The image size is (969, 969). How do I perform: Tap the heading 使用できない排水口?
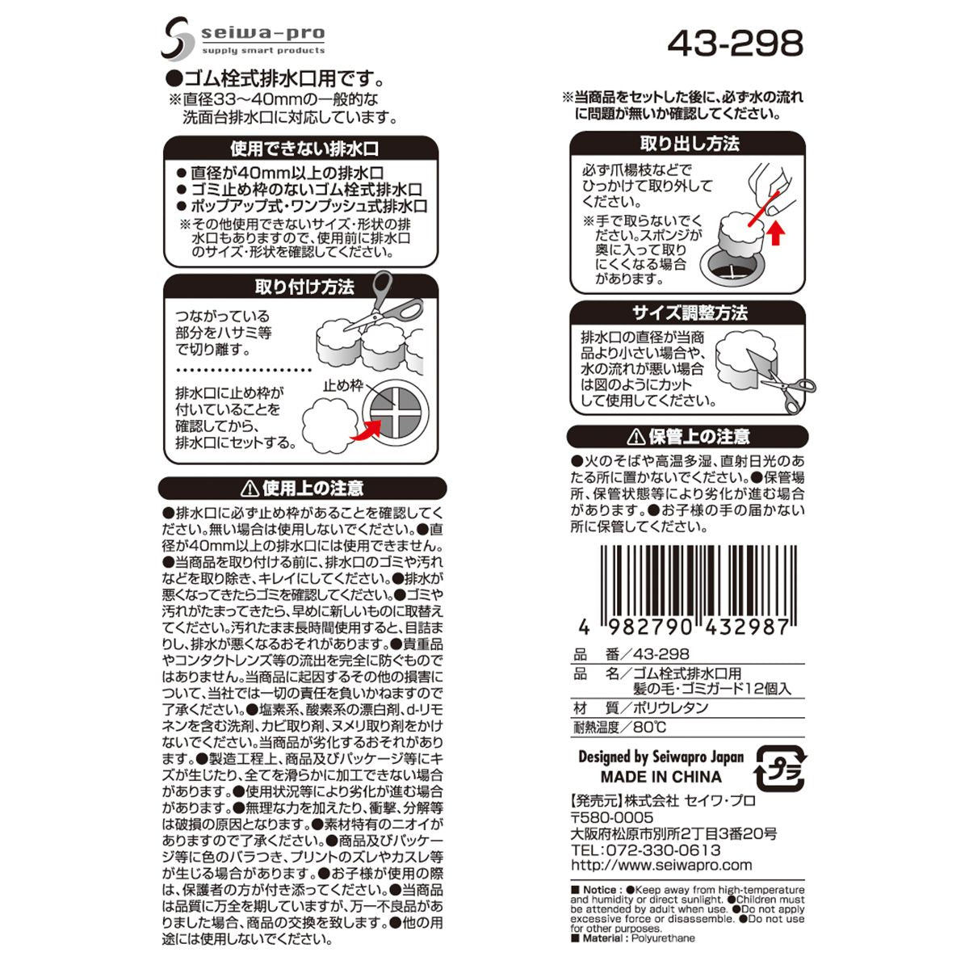click(x=304, y=149)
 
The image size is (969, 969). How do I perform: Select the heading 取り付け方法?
click(x=304, y=287)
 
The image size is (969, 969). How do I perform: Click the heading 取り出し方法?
click(x=690, y=145)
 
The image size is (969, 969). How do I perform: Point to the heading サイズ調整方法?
click(x=690, y=313)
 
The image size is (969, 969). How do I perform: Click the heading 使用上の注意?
click(x=303, y=488)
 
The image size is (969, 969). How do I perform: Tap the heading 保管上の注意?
click(x=689, y=437)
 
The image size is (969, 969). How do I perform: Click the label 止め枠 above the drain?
click(x=343, y=385)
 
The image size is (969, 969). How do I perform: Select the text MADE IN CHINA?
click(x=661, y=777)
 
